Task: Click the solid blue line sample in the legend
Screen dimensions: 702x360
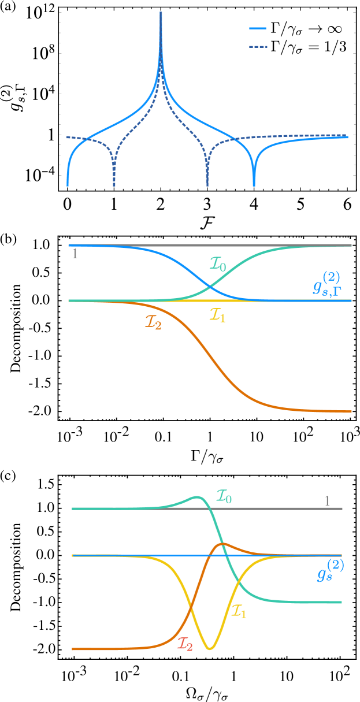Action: (258, 28)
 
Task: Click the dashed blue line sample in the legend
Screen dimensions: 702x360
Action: (258, 46)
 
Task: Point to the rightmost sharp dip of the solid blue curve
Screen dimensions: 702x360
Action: (254, 184)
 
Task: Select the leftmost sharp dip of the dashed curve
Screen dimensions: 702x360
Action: (114, 184)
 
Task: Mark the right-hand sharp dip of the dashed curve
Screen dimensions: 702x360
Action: (207, 184)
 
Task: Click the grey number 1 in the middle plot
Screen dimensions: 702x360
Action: (75, 254)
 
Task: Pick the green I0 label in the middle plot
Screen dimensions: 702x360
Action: (218, 265)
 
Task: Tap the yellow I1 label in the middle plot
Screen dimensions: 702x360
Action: (217, 315)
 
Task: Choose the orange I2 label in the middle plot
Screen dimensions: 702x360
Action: (153, 322)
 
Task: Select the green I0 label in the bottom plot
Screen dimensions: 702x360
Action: (224, 496)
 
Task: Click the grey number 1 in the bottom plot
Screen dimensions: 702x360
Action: (327, 501)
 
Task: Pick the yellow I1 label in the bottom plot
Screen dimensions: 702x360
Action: (239, 611)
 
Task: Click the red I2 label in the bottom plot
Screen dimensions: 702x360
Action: (185, 644)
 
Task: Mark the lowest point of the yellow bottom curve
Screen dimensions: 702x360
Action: (210, 649)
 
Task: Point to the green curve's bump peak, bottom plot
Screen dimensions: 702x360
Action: (197, 497)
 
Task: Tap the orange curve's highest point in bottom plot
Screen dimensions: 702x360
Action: (223, 543)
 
